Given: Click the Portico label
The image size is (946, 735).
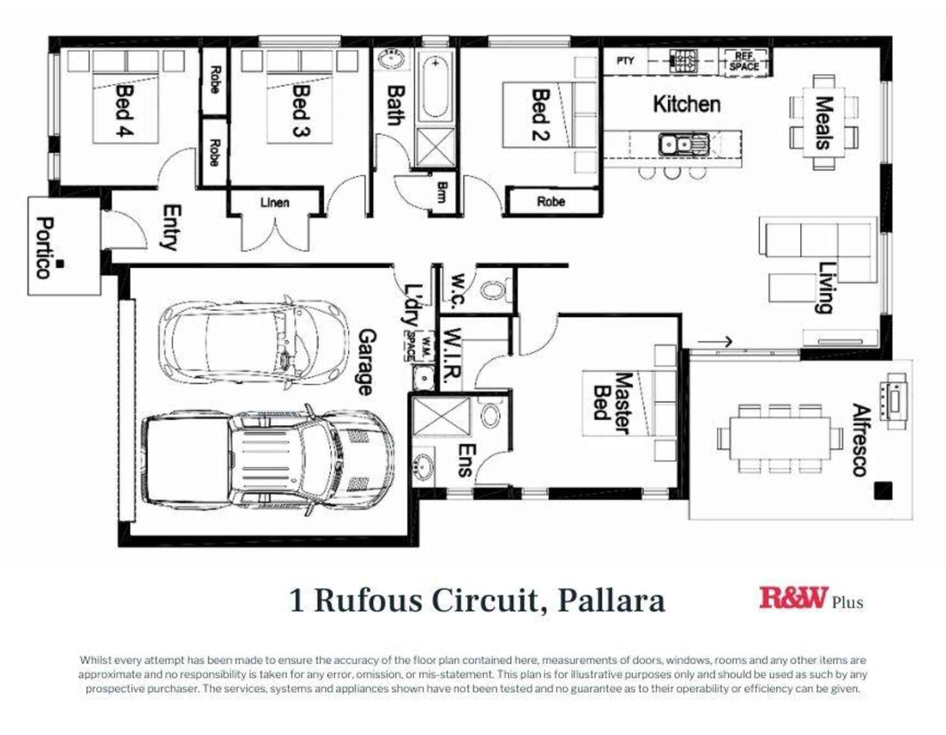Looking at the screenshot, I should point(43,248).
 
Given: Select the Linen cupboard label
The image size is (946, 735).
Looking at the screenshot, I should point(274,203).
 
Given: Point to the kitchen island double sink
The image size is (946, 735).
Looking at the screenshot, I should point(684,145).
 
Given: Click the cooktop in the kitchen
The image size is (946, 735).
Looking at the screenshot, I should point(684,61).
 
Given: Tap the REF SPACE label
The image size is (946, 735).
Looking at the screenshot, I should point(744,61).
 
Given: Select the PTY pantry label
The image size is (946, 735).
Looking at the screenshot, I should point(625,61).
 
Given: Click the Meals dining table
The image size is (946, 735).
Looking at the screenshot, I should point(824,122).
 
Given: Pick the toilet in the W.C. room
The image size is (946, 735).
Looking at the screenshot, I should point(493,290).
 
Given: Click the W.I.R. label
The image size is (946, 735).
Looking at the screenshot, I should point(452,358).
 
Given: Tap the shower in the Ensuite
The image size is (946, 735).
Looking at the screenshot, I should point(441,417).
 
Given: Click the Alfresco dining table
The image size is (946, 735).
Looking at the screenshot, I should point(779,438).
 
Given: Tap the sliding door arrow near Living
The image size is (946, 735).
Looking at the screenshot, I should point(714,341).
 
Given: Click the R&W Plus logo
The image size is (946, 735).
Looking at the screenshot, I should point(810,599).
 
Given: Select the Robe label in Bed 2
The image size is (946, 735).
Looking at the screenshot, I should point(551,202).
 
